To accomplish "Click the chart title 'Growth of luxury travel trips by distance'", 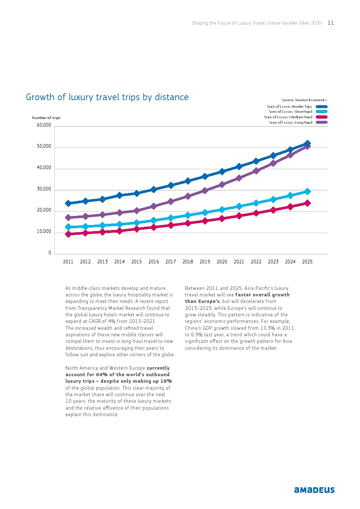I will click(x=107, y=97).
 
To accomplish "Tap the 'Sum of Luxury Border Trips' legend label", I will click(x=289, y=107).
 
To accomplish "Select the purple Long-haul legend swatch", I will click(x=322, y=122).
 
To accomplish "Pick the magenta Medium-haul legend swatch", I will click(x=322, y=117).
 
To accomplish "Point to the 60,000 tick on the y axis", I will click(x=44, y=125).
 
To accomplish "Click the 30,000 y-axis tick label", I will click(x=44, y=189).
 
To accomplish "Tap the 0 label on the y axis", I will click(x=50, y=253).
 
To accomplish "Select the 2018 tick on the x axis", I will click(x=188, y=262).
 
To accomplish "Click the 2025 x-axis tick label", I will click(x=307, y=262).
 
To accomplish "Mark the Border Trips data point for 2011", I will click(x=68, y=203).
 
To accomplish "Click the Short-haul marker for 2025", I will click(x=307, y=192).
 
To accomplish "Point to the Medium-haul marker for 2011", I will click(x=68, y=234).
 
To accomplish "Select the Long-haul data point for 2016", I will click(x=154, y=206).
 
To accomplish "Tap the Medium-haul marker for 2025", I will click(x=307, y=203).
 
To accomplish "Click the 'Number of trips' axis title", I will click(x=46, y=118).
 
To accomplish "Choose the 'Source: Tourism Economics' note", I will click(x=304, y=100).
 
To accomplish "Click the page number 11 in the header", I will click(x=331, y=23).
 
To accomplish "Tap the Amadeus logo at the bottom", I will click(x=314, y=490).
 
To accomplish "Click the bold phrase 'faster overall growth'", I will click(x=262, y=295).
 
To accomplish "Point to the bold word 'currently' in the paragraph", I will click(x=158, y=368).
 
